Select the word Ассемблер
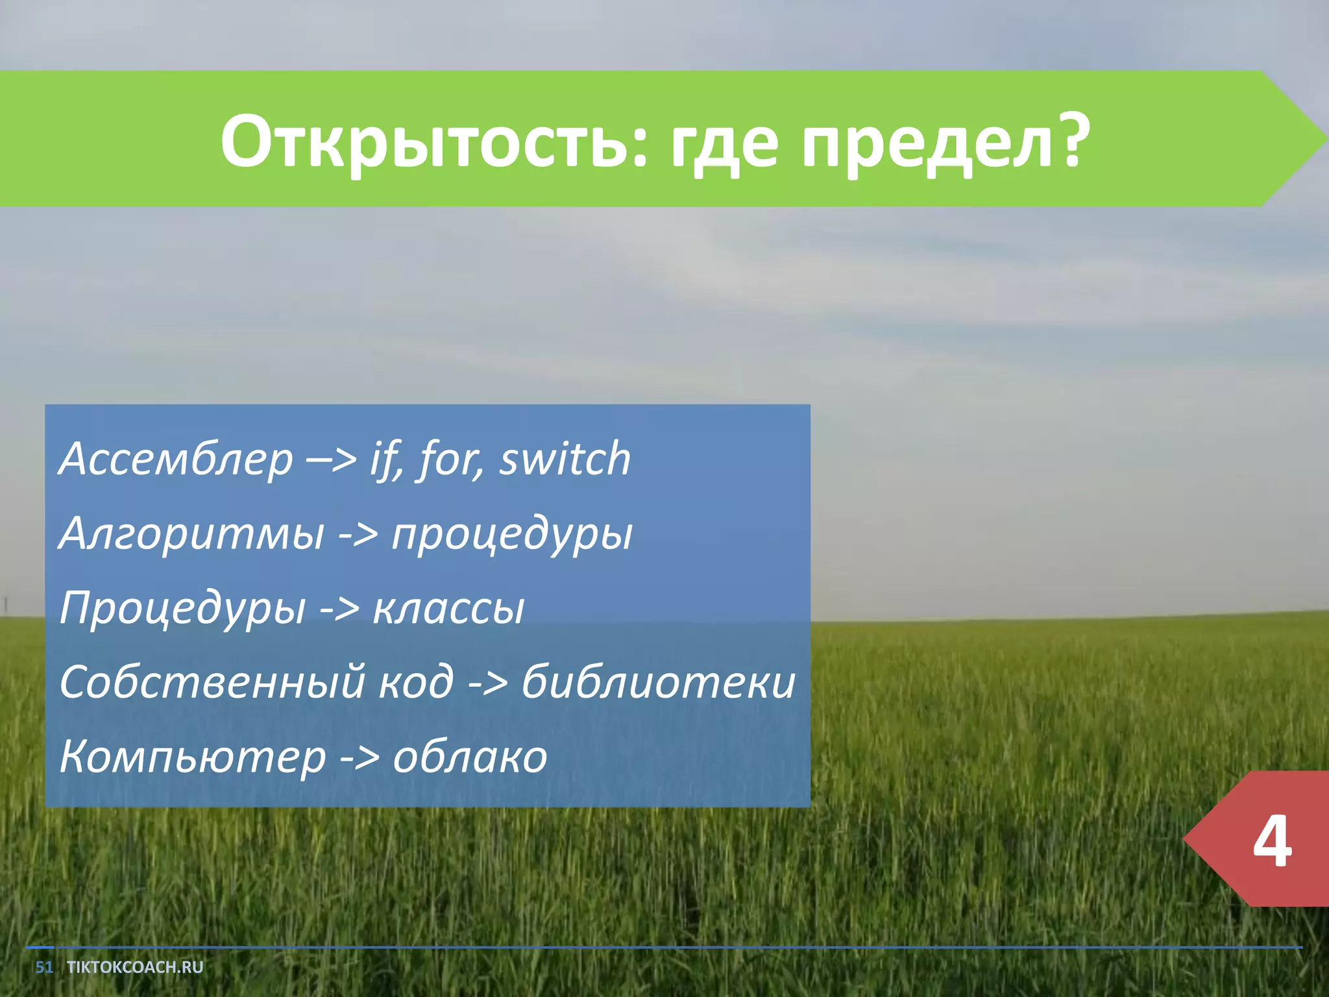(176, 460)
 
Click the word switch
(565, 458)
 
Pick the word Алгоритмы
(191, 534)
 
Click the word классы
(448, 609)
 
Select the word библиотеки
(658, 683)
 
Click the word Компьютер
(192, 757)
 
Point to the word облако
(470, 757)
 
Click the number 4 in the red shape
(1271, 841)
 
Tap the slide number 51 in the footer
(43, 967)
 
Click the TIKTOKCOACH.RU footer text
(135, 967)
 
